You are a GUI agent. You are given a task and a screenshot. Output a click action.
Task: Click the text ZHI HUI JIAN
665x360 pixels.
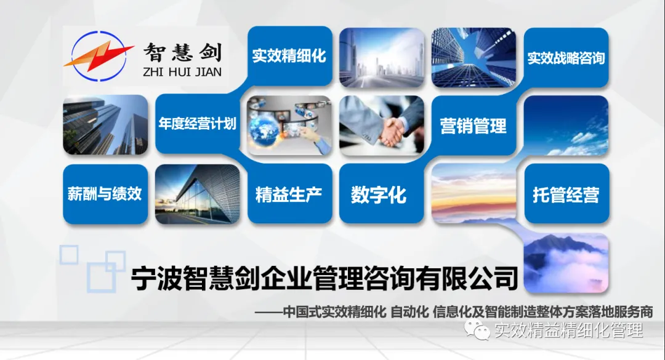tap(182, 71)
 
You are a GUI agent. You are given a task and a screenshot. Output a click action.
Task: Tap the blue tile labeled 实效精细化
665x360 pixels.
tap(290, 56)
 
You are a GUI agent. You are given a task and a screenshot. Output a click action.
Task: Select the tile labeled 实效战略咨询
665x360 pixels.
tap(566, 58)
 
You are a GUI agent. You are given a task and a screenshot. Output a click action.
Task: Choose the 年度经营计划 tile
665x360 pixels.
tap(198, 124)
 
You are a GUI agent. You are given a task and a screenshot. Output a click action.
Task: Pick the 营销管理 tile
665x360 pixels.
tap(474, 126)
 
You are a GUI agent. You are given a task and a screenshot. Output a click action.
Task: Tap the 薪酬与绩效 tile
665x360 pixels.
tap(105, 194)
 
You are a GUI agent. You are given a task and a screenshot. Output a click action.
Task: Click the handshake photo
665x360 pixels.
tap(382, 126)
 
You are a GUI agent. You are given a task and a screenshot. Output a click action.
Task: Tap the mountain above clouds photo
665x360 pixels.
tap(566, 263)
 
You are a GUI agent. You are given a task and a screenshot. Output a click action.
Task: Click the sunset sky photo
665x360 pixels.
tap(474, 193)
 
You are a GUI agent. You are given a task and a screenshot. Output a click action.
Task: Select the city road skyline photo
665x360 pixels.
tap(382, 58)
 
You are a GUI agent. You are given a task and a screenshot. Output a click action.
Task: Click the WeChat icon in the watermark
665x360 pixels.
tap(477, 329)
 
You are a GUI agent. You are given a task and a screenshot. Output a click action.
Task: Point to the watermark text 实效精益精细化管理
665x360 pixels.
tap(569, 330)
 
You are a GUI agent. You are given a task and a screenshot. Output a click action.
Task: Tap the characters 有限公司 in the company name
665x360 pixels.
tap(467, 279)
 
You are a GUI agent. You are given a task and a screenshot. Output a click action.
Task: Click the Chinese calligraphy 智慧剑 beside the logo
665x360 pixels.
tap(183, 52)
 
